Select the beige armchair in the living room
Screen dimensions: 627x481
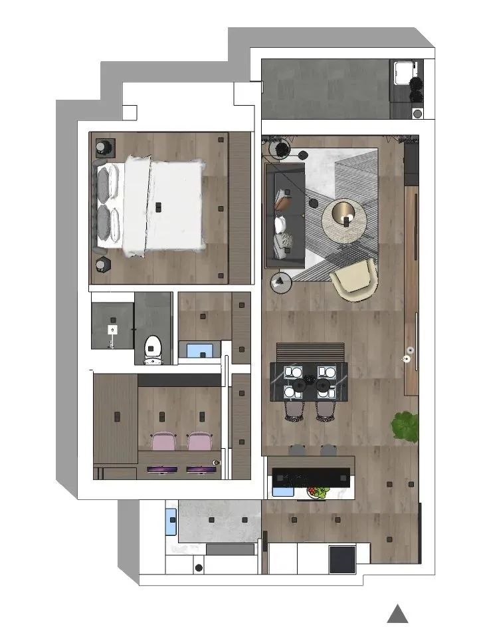tap(353, 279)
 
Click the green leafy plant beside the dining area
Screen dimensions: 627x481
tap(405, 426)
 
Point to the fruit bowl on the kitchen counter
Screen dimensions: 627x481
tap(320, 492)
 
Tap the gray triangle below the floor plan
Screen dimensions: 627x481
tap(398, 614)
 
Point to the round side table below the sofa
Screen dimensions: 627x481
tap(282, 282)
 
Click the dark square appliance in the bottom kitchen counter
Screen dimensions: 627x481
tap(342, 559)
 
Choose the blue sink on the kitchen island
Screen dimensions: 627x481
tap(284, 492)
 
